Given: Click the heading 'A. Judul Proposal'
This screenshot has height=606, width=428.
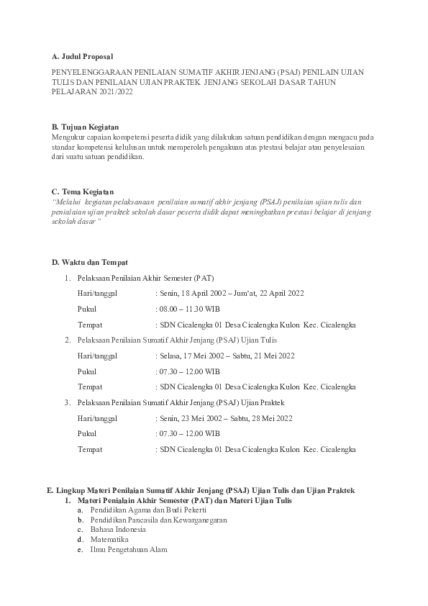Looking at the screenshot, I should tap(82, 55).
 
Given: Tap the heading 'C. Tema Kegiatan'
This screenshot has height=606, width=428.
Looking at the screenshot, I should tap(83, 191).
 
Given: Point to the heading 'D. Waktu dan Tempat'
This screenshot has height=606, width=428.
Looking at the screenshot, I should tap(90, 262).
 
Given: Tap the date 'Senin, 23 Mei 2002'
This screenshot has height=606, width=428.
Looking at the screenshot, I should tap(191, 418).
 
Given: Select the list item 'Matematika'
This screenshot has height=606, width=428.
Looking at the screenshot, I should tap(109, 538).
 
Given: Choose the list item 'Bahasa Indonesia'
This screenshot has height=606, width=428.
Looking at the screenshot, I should tap(118, 528).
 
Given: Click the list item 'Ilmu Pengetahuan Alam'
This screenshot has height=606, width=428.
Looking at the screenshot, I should tap(129, 549).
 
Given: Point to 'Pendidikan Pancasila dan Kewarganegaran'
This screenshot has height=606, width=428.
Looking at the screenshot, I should tap(159, 519).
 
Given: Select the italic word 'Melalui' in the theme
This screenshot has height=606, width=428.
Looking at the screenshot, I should tap(68, 202).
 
